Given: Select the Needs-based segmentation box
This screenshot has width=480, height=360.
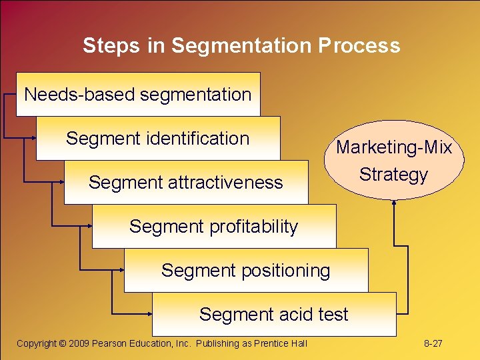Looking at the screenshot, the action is pyautogui.click(x=138, y=94).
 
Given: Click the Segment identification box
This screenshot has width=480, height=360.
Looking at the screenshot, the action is pyautogui.click(x=158, y=138).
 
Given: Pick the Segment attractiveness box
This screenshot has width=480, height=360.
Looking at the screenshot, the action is pyautogui.click(x=186, y=182).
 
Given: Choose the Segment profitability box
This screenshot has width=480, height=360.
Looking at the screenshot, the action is pyautogui.click(x=214, y=226).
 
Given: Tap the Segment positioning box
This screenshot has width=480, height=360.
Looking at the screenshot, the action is pyautogui.click(x=246, y=270).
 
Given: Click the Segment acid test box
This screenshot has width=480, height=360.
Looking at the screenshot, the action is pyautogui.click(x=274, y=314).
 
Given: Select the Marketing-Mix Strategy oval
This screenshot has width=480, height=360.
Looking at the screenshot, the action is pyautogui.click(x=394, y=161).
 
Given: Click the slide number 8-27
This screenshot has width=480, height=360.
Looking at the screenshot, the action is pyautogui.click(x=433, y=343).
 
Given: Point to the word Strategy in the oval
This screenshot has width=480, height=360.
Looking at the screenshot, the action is pyautogui.click(x=393, y=175).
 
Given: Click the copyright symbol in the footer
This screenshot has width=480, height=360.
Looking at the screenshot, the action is pyautogui.click(x=61, y=343).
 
